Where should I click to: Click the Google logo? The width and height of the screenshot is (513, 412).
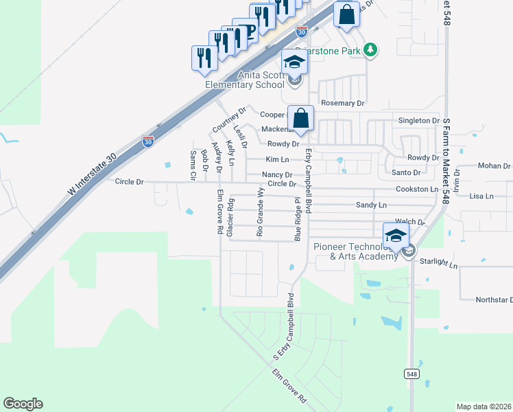click(23, 404)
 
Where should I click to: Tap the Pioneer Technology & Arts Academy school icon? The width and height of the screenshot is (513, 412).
click(396, 236)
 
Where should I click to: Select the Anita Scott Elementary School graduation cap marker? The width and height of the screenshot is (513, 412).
click(295, 62)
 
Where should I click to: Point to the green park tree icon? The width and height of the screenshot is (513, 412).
click(370, 49)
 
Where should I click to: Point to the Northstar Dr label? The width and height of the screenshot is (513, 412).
click(494, 300)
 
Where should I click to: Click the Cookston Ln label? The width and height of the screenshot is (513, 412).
click(416, 189)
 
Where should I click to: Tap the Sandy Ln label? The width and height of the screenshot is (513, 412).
click(371, 205)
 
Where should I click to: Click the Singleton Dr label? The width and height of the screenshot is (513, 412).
click(418, 120)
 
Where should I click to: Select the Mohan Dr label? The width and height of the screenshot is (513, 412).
click(494, 166)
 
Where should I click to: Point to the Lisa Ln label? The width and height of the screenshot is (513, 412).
click(481, 196)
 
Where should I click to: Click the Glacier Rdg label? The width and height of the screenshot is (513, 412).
click(231, 218)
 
